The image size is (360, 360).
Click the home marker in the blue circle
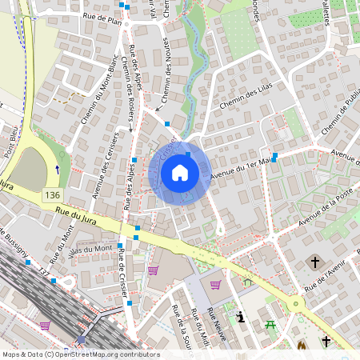pos(180,173)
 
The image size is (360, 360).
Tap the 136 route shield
pos(53,195)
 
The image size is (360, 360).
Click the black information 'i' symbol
pos(240,317)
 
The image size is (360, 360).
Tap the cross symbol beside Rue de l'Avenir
pos(314,262)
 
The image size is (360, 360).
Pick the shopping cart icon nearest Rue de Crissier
pos(153,270)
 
